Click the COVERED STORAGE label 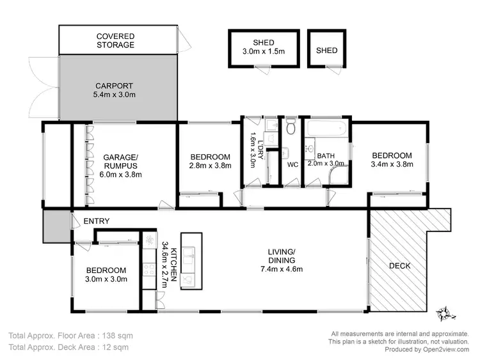click(x=115, y=40)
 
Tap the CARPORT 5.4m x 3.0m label click(x=115, y=90)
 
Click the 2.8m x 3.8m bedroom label click(x=211, y=161)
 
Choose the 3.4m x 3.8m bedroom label click(x=392, y=160)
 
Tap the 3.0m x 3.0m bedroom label click(x=106, y=274)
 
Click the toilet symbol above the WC click(x=291, y=129)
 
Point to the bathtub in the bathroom click(x=327, y=130)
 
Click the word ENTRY click(x=96, y=221)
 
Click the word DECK click(x=399, y=265)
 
